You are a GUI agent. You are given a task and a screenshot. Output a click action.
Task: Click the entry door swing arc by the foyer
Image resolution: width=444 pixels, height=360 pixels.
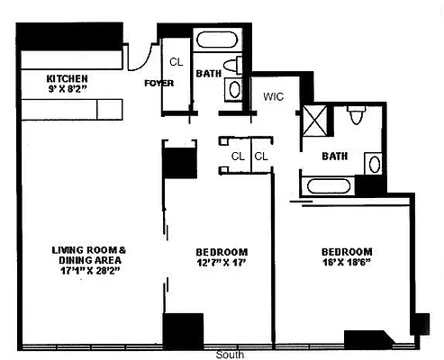137,56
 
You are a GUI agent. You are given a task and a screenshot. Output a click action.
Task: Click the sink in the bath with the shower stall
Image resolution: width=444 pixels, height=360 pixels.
373,163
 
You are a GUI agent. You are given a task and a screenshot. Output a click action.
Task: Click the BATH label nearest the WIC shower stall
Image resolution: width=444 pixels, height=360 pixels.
335,156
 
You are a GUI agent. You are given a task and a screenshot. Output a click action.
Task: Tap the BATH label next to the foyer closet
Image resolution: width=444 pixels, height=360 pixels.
208,74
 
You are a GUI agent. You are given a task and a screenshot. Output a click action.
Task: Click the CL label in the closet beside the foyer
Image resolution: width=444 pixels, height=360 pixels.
175,62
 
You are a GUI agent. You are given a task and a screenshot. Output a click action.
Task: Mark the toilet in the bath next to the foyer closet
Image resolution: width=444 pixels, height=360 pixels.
237,63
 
